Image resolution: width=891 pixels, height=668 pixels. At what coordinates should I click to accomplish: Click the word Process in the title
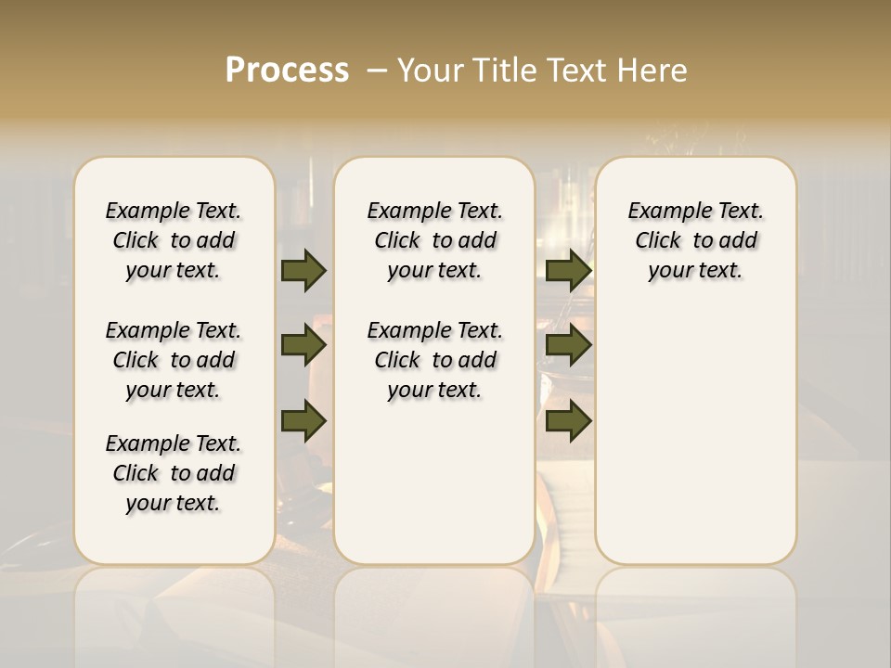(x=287, y=71)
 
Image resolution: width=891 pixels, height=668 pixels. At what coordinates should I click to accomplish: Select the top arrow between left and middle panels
(x=303, y=270)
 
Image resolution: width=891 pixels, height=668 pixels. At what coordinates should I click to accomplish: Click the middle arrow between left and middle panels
(x=303, y=345)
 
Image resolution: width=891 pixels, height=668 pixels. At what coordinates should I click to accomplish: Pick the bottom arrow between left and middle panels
(x=303, y=420)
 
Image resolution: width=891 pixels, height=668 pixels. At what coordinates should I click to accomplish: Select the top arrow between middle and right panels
(x=568, y=270)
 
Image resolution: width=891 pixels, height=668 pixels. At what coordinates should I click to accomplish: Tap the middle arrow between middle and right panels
(x=568, y=345)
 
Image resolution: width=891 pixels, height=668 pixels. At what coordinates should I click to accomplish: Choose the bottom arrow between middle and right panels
(x=568, y=420)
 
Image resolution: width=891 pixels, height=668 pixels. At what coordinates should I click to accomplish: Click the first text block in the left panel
(x=174, y=240)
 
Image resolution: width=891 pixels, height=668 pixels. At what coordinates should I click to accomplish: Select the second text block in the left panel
(x=174, y=360)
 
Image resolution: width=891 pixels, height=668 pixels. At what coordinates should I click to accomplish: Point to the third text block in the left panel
(x=174, y=473)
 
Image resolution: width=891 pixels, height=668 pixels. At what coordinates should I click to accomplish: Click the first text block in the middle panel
(x=434, y=240)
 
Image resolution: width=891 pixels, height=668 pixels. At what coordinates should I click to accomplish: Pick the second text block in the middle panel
(x=434, y=360)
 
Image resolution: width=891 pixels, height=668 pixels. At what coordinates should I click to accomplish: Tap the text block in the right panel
(x=695, y=240)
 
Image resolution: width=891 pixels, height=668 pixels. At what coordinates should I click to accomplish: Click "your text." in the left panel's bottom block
(x=174, y=503)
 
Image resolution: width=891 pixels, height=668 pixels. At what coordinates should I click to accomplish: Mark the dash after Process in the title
(x=377, y=71)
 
